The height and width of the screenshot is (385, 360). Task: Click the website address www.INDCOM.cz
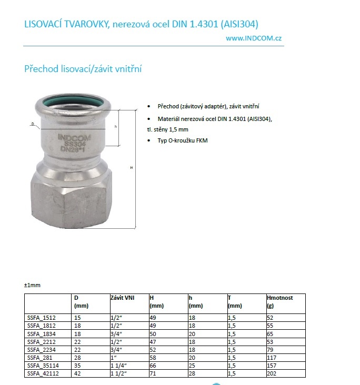click(x=254, y=38)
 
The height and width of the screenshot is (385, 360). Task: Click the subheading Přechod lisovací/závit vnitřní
click(x=84, y=69)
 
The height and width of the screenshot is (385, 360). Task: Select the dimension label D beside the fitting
click(x=33, y=125)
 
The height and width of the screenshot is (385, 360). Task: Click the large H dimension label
click(x=131, y=167)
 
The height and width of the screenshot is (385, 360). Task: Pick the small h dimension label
click(x=115, y=127)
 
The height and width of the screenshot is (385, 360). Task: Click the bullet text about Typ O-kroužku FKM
click(x=179, y=141)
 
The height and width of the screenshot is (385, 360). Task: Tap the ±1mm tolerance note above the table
click(x=32, y=285)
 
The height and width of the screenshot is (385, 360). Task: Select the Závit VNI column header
click(x=123, y=298)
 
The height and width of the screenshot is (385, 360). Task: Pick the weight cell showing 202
click(x=272, y=373)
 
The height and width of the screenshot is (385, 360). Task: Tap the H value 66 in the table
click(x=153, y=366)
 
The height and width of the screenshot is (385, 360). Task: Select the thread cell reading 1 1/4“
click(x=119, y=366)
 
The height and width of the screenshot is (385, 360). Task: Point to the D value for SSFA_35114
click(x=78, y=366)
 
